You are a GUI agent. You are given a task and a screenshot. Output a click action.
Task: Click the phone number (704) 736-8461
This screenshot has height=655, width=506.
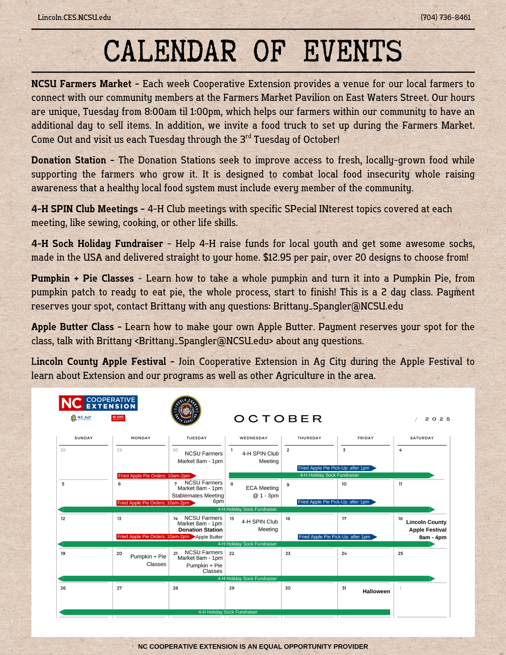click(x=445, y=17)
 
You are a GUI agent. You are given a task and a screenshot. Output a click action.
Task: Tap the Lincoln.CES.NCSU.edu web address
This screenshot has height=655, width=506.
click(x=74, y=17)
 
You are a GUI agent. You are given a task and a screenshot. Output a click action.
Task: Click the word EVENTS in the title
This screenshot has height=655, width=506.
click(x=352, y=51)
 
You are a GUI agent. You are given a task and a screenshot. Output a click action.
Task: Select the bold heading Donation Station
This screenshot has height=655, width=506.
click(x=69, y=160)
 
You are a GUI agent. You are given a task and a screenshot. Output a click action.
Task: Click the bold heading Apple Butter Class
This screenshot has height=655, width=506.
click(x=73, y=327)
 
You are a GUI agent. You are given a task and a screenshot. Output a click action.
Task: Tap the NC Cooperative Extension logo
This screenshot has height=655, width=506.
click(x=98, y=403)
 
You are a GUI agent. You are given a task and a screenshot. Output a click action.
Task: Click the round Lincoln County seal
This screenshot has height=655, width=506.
click(x=186, y=411)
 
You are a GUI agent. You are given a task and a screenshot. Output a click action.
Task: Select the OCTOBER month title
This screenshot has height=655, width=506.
click(x=278, y=419)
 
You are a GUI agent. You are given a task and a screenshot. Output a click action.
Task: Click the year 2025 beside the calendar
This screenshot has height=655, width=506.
click(x=438, y=419)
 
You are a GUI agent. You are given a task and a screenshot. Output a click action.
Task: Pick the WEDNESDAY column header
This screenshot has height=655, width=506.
click(x=253, y=438)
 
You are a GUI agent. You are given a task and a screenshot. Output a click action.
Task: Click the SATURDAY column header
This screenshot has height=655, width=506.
click(x=422, y=438)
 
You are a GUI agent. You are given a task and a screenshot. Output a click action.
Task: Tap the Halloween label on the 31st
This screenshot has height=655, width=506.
click(x=376, y=591)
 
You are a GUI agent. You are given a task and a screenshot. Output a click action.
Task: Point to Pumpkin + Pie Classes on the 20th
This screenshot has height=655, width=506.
click(x=148, y=560)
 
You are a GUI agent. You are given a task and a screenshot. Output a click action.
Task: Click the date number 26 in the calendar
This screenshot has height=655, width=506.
click(x=63, y=588)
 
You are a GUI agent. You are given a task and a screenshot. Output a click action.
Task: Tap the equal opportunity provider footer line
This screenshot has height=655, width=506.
click(x=253, y=646)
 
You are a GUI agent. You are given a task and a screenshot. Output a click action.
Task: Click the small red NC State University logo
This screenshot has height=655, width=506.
click(x=118, y=418)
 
